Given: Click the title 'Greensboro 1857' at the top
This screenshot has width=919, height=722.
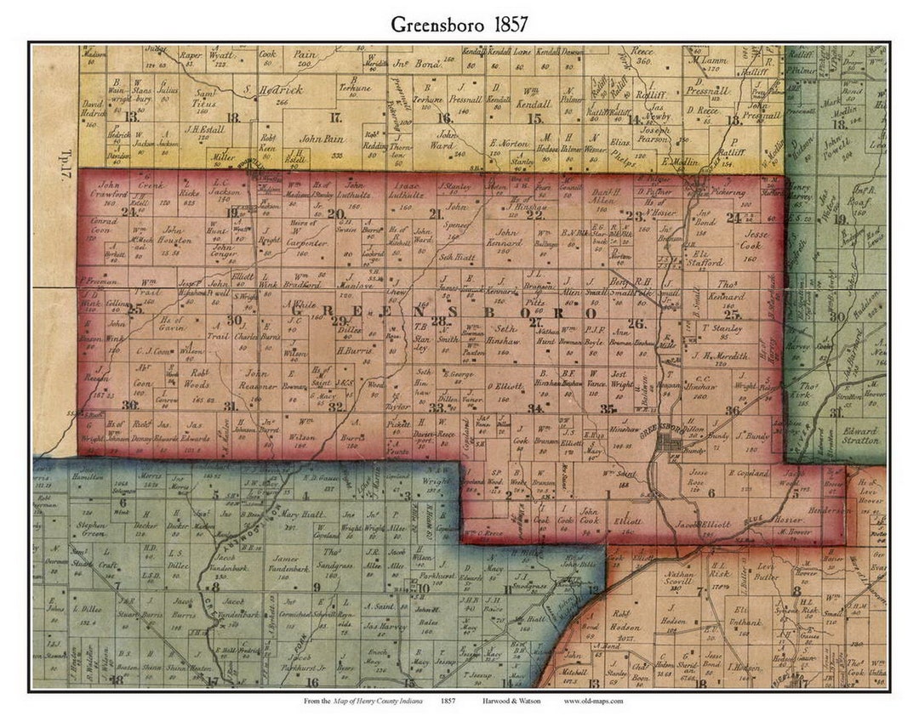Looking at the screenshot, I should pos(459,24).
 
